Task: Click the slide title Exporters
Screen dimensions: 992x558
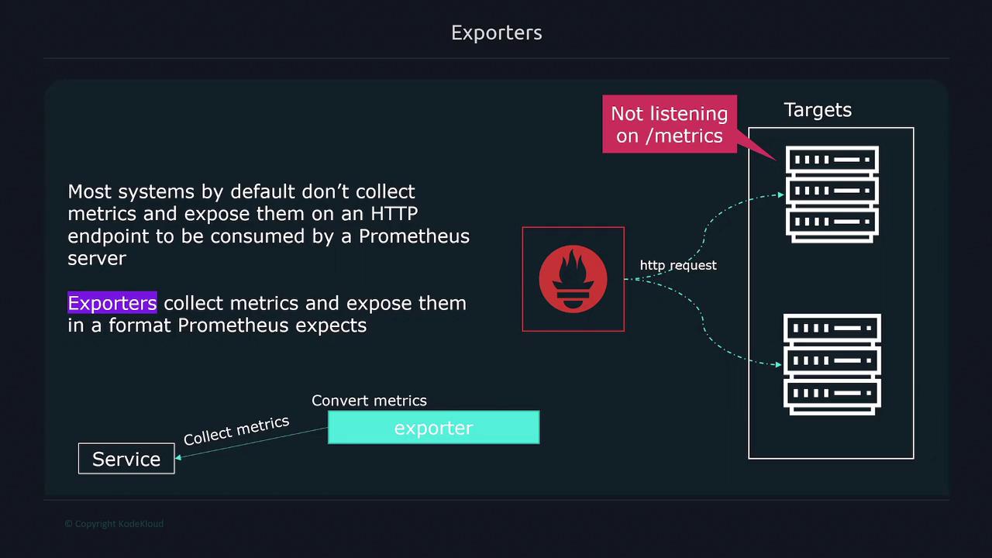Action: pyautogui.click(x=497, y=33)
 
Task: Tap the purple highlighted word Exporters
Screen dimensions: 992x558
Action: pyautogui.click(x=112, y=302)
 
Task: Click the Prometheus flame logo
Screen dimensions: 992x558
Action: pyautogui.click(x=573, y=279)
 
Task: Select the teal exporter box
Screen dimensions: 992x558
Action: pyautogui.click(x=433, y=427)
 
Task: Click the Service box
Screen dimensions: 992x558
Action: pyautogui.click(x=126, y=459)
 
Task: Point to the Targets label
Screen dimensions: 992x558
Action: pyautogui.click(x=818, y=110)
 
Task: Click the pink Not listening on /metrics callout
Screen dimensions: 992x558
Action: pyautogui.click(x=670, y=125)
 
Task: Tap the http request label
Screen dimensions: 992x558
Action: pyautogui.click(x=678, y=265)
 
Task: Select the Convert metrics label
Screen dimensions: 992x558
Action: pyautogui.click(x=369, y=401)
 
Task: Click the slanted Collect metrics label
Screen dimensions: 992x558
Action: pyautogui.click(x=236, y=430)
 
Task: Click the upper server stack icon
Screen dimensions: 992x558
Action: pyautogui.click(x=832, y=195)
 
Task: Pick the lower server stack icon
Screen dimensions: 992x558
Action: pyautogui.click(x=832, y=364)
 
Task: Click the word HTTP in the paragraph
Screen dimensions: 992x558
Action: pyautogui.click(x=394, y=213)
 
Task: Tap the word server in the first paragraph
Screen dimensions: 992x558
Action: pyautogui.click(x=97, y=259)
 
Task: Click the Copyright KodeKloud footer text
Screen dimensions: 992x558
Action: pyautogui.click(x=114, y=524)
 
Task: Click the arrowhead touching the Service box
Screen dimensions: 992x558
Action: pyautogui.click(x=178, y=457)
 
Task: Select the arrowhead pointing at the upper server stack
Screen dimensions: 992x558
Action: pyautogui.click(x=781, y=195)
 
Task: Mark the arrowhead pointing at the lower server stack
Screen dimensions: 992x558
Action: pyautogui.click(x=779, y=364)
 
